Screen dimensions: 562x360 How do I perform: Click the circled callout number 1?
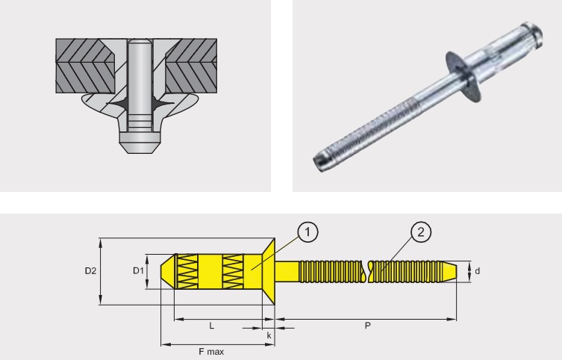pyautogui.click(x=308, y=232)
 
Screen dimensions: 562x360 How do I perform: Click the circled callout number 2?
pyautogui.click(x=421, y=232)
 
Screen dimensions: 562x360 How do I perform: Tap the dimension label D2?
pyautogui.click(x=90, y=271)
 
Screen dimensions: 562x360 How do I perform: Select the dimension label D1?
pyautogui.click(x=138, y=270)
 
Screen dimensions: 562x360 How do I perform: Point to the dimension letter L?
pyautogui.click(x=212, y=326)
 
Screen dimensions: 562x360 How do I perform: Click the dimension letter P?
pyautogui.click(x=368, y=326)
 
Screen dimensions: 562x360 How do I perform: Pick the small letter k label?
pyautogui.click(x=269, y=336)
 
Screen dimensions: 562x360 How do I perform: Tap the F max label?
pyautogui.click(x=211, y=352)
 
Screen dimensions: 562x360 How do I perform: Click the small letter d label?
pyautogui.click(x=478, y=271)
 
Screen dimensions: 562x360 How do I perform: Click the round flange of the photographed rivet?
pyautogui.click(x=463, y=77)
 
